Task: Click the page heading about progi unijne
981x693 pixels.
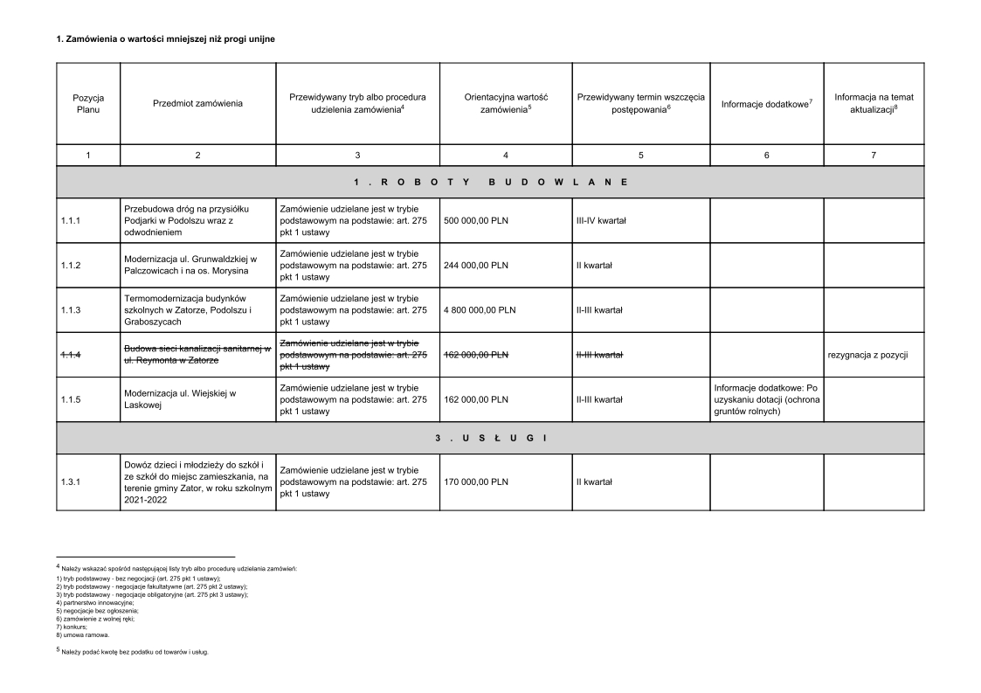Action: click(x=166, y=39)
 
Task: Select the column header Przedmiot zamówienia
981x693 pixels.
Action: click(x=197, y=104)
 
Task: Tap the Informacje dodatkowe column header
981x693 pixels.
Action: click(x=766, y=104)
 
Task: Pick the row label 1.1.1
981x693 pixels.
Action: click(x=71, y=221)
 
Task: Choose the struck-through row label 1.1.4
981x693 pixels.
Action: click(x=71, y=355)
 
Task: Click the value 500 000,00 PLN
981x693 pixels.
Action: click(x=476, y=221)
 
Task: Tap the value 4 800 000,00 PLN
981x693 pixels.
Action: click(x=480, y=310)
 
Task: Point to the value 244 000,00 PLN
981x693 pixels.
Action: click(x=476, y=266)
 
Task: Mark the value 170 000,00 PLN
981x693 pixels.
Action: click(x=476, y=482)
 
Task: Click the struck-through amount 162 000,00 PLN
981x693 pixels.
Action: click(x=476, y=355)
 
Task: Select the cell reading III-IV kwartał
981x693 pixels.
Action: click(x=601, y=221)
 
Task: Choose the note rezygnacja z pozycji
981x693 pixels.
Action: click(x=868, y=355)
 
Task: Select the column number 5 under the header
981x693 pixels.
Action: click(x=640, y=155)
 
